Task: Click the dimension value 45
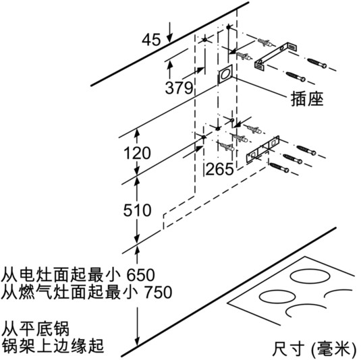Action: coord(151,39)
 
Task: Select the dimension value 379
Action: coord(179,88)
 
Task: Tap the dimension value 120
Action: coord(137,153)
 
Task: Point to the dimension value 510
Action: coord(137,210)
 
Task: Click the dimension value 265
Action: coord(219,169)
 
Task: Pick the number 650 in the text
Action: coord(141,274)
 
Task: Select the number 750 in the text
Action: coord(159,292)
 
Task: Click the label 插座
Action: coord(307,99)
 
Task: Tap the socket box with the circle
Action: coord(225,74)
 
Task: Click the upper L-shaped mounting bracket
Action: coord(275,56)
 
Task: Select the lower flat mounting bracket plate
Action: coord(262,149)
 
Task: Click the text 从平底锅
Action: coord(36,329)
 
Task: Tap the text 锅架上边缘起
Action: coord(53,346)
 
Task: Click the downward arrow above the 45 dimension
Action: coord(169,32)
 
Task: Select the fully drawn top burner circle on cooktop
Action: coord(310,276)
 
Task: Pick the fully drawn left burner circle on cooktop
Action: coord(277,297)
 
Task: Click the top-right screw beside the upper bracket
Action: coord(317,63)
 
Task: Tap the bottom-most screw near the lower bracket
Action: coord(279,167)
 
